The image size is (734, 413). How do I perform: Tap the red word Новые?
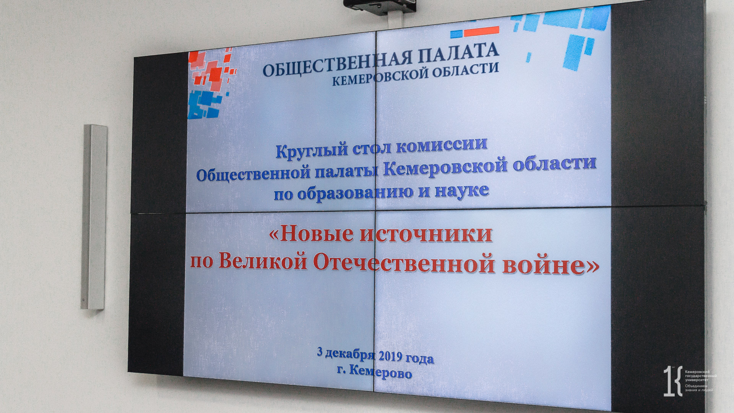pos(313,234)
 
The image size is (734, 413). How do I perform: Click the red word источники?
pos(426,234)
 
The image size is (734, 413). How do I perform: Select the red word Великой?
pos(263,262)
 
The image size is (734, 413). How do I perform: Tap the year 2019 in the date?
pos(390,356)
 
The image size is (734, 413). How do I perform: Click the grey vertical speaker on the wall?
pos(93,217)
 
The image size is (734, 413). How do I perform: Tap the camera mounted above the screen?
pos(379,5)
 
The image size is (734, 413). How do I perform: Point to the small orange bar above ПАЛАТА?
pos(482,31)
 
